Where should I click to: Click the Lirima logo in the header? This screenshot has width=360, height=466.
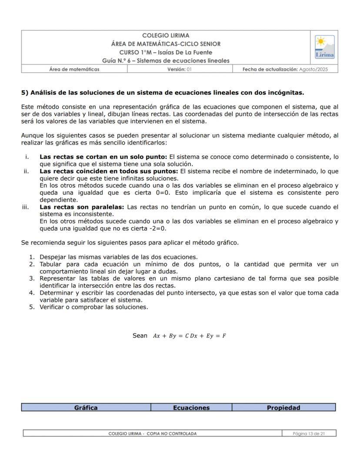(324, 47)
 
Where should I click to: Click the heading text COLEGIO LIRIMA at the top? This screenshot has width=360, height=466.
(166, 36)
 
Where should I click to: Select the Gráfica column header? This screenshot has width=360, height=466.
(86, 408)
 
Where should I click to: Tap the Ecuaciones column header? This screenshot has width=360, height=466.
(191, 408)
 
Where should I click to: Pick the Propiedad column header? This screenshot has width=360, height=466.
(283, 408)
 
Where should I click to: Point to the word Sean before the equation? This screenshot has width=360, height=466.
(140, 335)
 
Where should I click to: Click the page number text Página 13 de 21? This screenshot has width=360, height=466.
(309, 433)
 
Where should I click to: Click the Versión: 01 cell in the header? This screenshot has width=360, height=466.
(180, 69)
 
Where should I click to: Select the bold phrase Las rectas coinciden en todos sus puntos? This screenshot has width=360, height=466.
(109, 171)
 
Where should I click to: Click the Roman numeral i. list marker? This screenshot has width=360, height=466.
(27, 157)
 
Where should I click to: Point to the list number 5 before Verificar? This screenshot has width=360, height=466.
(31, 307)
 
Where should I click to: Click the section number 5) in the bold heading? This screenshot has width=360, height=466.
(24, 93)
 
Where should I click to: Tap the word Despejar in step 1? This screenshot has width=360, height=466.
(53, 257)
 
